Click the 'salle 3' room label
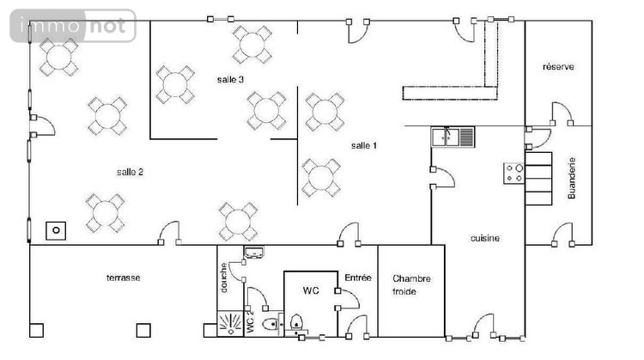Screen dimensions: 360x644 click(230, 80)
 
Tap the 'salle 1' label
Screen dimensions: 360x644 click(364, 146)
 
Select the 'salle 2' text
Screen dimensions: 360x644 click(130, 173)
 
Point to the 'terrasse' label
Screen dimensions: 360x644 click(123, 278)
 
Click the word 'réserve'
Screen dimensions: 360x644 click(558, 67)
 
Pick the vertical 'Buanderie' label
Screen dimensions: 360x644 click(573, 178)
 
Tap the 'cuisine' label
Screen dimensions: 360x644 click(485, 238)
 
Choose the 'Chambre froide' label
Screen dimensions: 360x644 click(411, 284)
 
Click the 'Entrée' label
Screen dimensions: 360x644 click(358, 278)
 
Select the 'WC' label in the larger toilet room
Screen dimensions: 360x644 click(310, 291)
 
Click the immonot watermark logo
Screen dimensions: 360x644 click(73, 27)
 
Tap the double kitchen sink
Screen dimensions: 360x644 click(453, 136)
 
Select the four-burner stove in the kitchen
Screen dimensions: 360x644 click(513, 172)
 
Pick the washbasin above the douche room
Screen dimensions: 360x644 click(255, 253)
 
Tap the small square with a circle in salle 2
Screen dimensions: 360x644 click(56, 230)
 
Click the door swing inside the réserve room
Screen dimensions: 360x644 click(562, 114)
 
